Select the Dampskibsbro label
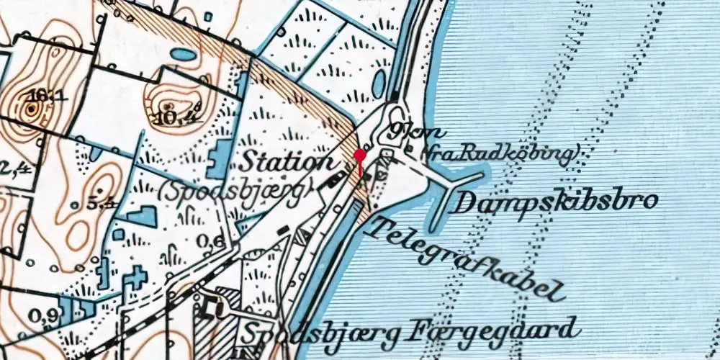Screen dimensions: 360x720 554,202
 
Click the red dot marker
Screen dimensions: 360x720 360,155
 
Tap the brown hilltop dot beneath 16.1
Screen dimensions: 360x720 32,110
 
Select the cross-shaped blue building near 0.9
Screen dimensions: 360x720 135,278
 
